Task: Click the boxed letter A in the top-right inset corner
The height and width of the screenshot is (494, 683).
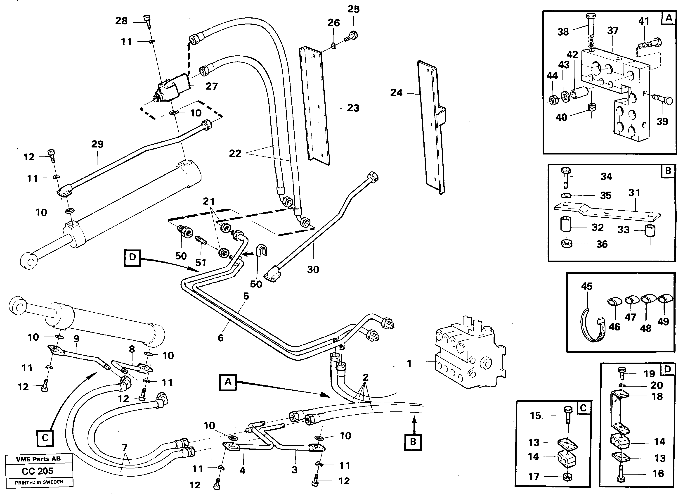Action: coord(669,18)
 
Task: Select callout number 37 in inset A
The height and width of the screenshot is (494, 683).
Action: coord(613,31)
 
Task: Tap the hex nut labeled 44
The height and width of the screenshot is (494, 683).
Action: coord(552,99)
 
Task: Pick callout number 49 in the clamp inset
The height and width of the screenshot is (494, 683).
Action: coord(663,322)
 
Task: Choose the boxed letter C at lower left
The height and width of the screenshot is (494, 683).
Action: coord(45,437)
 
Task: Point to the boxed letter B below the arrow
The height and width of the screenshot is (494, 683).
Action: coord(413,442)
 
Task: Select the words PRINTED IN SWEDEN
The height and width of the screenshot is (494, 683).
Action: coord(39,482)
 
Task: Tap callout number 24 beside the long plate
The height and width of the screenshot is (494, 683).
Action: coord(396,93)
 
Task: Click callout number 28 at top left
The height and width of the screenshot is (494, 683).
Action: coord(121,21)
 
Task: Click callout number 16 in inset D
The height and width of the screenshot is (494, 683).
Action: coord(658,473)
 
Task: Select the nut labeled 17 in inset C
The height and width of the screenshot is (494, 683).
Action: coord(567,477)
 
